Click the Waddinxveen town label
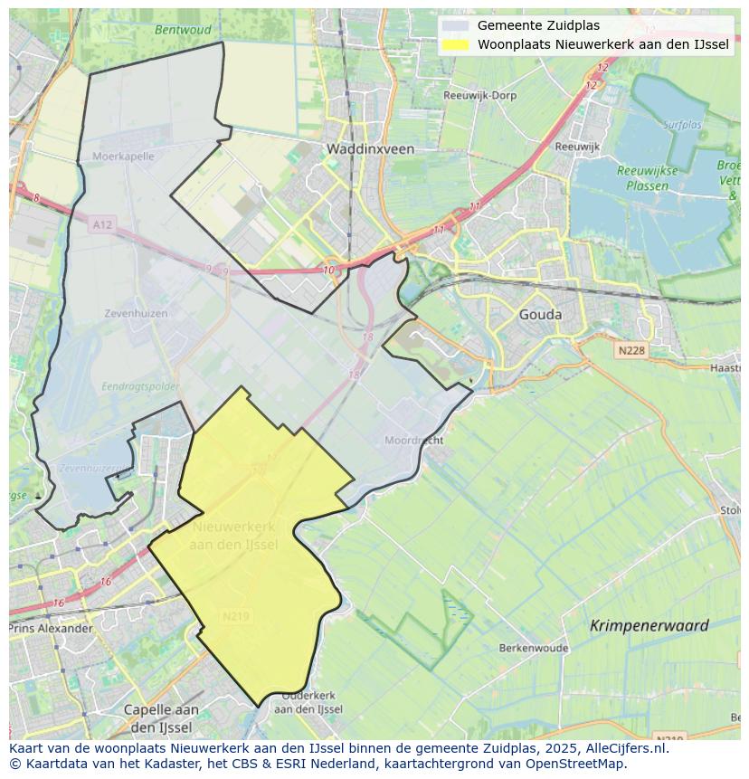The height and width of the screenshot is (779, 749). (x=370, y=148)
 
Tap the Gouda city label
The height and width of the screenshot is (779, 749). (x=540, y=315)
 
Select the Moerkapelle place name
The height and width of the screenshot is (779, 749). (x=124, y=156)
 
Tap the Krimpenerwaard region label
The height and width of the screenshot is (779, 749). (x=649, y=625)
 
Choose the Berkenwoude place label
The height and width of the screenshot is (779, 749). (x=534, y=648)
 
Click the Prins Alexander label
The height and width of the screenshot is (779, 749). (x=51, y=628)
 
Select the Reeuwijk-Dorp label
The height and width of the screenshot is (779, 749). (x=479, y=95)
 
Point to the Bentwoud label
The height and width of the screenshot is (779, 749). (x=183, y=29)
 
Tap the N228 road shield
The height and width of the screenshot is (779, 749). (x=633, y=349)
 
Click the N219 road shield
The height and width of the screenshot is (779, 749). (x=236, y=616)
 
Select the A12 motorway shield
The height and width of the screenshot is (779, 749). (x=102, y=224)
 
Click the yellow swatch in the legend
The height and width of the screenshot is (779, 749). (x=457, y=44)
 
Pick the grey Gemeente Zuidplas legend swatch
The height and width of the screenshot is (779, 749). (x=457, y=26)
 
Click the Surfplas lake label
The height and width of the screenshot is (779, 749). (x=682, y=125)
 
